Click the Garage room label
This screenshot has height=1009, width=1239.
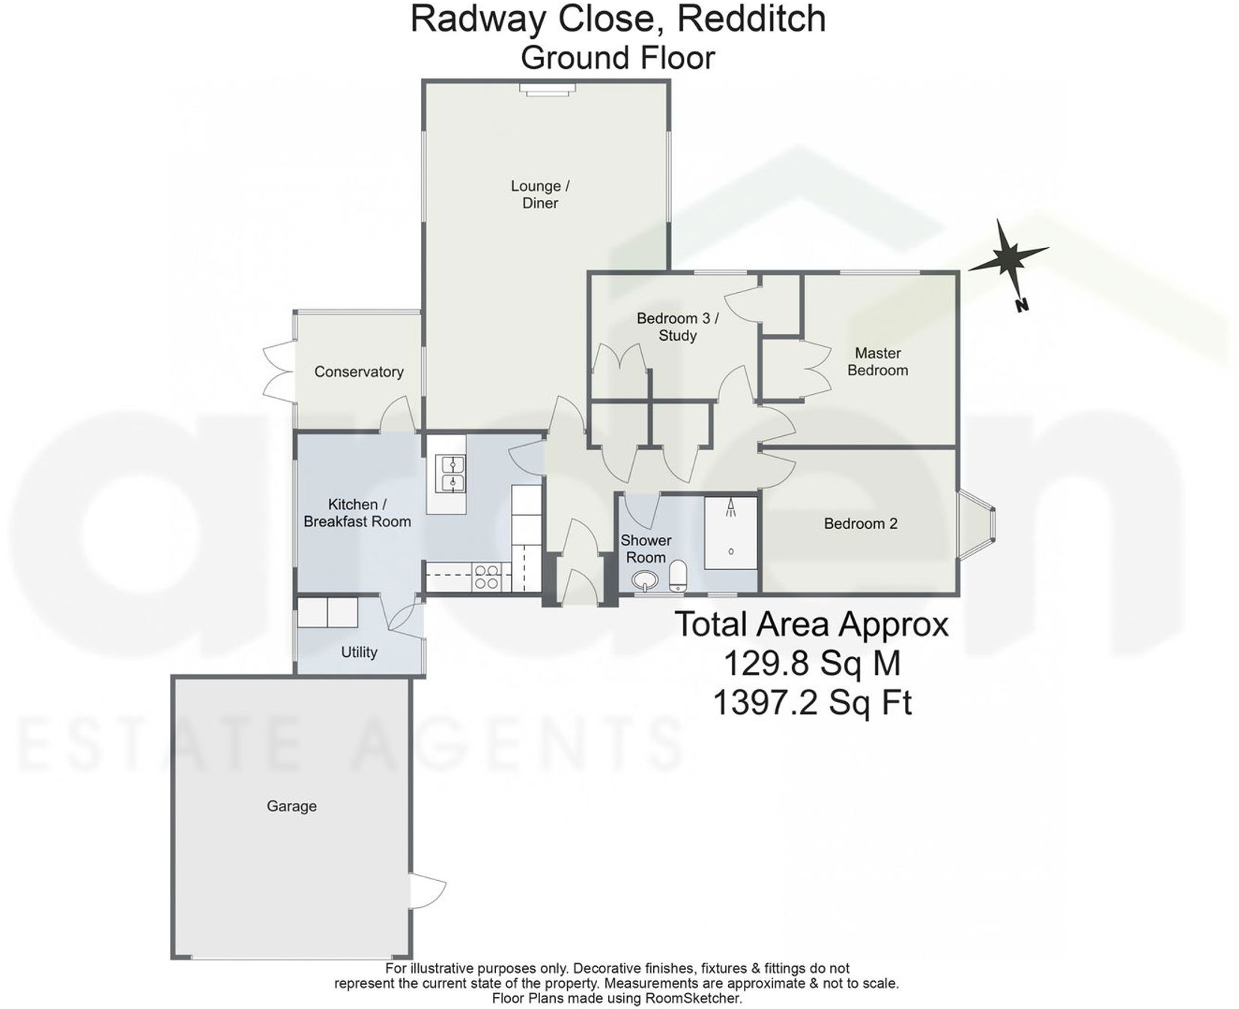click(x=291, y=806)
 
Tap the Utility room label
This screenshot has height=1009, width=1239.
click(x=359, y=652)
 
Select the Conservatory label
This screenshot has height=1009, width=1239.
click(x=359, y=372)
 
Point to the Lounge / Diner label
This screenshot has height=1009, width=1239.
click(x=540, y=194)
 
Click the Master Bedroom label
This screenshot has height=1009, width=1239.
click(x=877, y=361)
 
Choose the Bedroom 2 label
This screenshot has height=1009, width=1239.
click(x=860, y=524)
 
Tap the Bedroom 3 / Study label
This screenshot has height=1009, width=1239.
click(x=677, y=327)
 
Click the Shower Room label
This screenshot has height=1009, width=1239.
click(x=645, y=548)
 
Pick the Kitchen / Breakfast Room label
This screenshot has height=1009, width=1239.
click(x=357, y=513)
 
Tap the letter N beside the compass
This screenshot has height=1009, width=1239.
click(x=1022, y=305)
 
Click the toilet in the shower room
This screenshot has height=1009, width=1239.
click(x=678, y=576)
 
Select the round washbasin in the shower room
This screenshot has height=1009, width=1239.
click(x=644, y=580)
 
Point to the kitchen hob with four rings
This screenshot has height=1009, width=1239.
click(x=486, y=578)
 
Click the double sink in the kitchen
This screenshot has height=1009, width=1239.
click(x=452, y=473)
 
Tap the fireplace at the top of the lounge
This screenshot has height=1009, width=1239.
click(x=548, y=89)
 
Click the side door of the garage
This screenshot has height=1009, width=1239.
click(x=425, y=891)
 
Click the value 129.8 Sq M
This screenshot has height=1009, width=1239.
click(x=811, y=663)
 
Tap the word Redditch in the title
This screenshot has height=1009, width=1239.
click(x=751, y=19)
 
